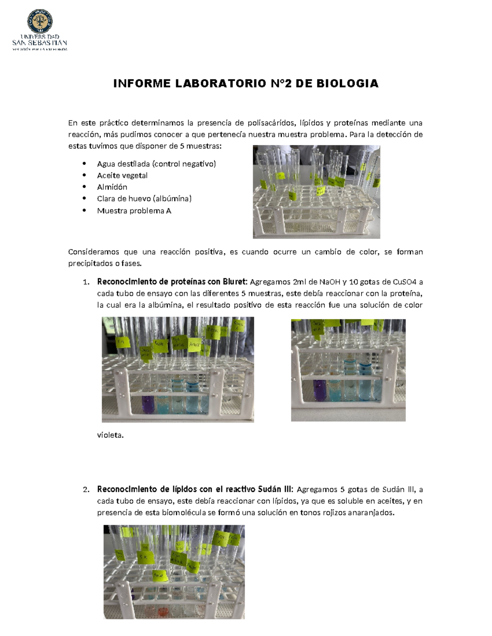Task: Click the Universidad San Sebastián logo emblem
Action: (40, 21)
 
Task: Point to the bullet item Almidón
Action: (112, 187)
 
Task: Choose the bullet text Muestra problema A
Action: (134, 211)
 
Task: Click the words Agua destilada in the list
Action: (123, 164)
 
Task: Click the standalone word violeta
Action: (110, 435)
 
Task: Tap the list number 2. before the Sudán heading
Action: (86, 490)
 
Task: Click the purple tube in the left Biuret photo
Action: (148, 405)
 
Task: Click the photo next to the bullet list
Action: (316, 192)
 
